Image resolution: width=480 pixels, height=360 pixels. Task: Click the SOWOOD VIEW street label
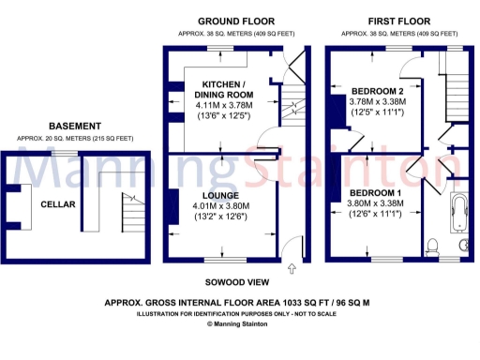238,282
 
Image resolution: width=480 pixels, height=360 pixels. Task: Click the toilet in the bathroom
431,246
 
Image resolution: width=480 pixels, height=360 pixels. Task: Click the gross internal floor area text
238,303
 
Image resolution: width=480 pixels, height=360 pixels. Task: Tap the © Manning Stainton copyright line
238,324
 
